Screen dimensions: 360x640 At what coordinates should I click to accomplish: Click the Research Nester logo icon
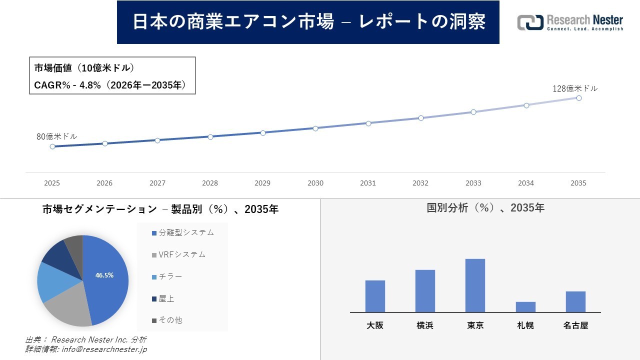point(530,22)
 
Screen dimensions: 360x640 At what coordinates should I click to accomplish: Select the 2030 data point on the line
point(315,128)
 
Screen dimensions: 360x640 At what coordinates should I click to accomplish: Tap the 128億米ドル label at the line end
point(574,88)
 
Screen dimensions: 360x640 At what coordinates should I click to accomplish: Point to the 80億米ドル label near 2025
point(57,136)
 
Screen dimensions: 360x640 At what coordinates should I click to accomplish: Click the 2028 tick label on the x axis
point(210,183)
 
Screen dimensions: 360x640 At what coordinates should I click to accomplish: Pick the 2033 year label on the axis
point(473,183)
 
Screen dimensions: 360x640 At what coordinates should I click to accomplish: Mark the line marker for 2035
point(579,98)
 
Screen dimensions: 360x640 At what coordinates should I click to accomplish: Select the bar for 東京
point(475,285)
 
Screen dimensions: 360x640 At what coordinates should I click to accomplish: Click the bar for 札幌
point(525,307)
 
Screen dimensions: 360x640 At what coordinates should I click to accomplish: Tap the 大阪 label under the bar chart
point(375,325)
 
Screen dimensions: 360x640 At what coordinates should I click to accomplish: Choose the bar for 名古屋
point(575,301)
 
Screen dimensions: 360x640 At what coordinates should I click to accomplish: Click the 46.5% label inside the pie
point(104,275)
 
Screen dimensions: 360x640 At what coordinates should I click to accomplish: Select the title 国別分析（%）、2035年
point(485,208)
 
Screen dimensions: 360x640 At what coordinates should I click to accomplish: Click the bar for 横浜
point(425,291)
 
